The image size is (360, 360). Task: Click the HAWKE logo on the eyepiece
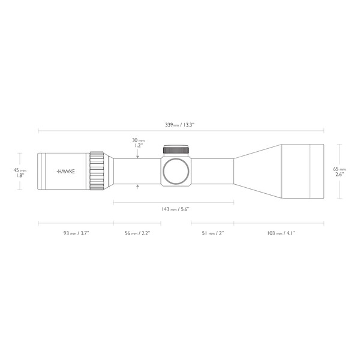[65, 171]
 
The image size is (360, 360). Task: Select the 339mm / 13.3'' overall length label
[180, 125]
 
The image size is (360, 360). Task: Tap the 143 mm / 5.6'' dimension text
[175, 209]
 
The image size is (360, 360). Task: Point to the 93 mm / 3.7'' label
[76, 233]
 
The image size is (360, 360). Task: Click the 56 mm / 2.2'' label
[137, 233]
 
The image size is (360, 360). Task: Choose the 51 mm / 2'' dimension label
[213, 233]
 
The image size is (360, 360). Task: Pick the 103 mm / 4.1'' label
[281, 233]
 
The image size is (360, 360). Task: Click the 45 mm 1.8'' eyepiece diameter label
[20, 173]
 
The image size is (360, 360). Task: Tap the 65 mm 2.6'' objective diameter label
[340, 172]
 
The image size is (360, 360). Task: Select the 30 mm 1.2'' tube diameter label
[138, 143]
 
